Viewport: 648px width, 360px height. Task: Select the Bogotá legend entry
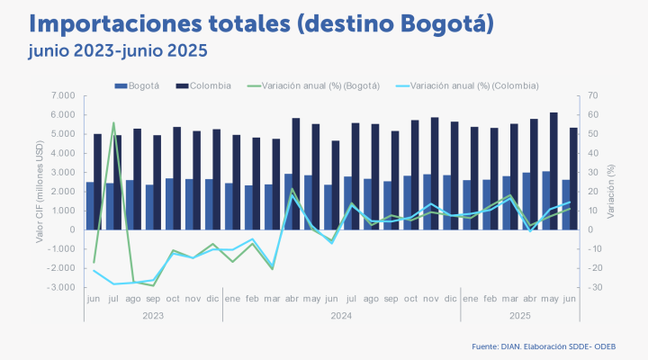click(x=142, y=85)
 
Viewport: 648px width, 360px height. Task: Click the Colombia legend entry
click(x=209, y=85)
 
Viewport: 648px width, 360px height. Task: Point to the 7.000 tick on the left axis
click(x=62, y=95)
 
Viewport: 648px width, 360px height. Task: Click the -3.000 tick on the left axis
click(x=60, y=287)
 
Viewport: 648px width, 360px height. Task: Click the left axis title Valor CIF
click(x=40, y=191)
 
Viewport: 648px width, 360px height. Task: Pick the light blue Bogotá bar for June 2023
click(x=90, y=205)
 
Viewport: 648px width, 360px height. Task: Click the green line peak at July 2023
click(x=113, y=122)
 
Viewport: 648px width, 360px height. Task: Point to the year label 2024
click(x=340, y=316)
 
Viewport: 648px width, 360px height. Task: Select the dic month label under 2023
click(x=211, y=297)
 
